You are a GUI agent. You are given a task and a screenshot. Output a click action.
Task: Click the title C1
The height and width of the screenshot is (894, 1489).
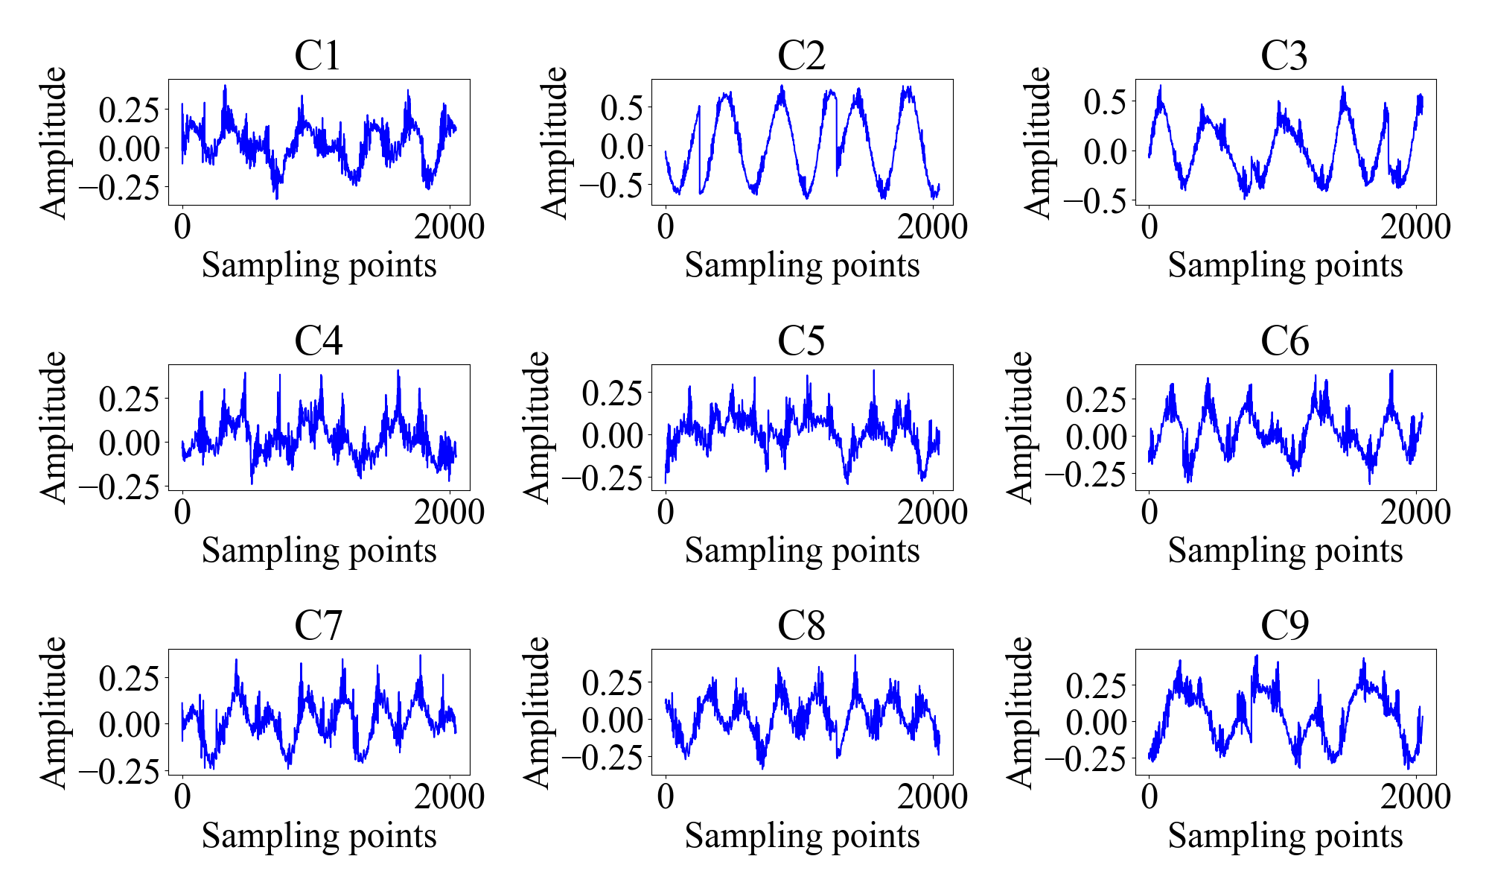point(318,56)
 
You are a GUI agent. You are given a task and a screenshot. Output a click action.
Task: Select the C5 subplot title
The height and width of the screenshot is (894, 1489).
point(801,341)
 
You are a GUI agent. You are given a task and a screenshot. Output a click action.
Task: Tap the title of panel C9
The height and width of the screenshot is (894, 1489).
point(1284,626)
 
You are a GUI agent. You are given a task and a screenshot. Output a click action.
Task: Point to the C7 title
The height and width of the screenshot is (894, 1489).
point(318,626)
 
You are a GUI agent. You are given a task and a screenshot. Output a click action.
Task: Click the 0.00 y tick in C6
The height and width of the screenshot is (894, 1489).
point(1095,437)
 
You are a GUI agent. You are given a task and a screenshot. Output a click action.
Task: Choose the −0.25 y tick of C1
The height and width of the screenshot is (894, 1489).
point(119,188)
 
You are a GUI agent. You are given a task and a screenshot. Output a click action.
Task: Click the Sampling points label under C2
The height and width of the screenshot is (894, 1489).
point(802,265)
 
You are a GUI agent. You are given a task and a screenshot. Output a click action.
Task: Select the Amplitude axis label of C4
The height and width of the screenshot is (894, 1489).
point(54,428)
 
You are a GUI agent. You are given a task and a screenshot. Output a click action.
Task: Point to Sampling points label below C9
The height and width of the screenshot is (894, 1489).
point(1285,836)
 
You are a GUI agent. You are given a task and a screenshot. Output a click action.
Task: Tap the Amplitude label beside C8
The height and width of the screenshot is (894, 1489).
point(537,712)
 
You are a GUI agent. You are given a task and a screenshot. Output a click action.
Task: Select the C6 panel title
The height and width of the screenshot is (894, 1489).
point(1284,341)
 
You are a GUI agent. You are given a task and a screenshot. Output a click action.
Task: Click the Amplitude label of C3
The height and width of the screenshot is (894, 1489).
point(1039,142)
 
